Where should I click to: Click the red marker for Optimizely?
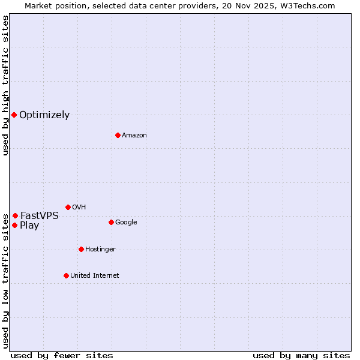14,115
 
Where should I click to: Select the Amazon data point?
118,135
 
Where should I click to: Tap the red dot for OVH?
68,207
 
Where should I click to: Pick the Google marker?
111,222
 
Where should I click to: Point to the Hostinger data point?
81,249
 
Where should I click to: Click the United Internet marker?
66,275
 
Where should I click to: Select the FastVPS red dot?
15,215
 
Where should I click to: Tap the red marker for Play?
14,225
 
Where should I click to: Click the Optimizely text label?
44,115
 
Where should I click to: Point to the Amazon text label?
134,136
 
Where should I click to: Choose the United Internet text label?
95,276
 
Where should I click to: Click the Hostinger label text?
100,250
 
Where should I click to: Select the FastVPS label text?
40,216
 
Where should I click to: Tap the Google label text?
126,223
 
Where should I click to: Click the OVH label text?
79,208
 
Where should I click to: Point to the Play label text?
29,226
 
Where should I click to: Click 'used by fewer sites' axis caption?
62,356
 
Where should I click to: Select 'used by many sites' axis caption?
301,356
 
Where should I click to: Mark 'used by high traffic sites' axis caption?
5,85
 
